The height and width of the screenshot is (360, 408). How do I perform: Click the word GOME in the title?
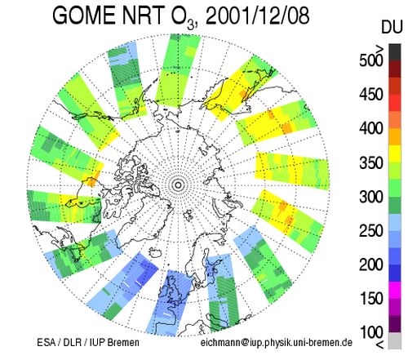pos(85,16)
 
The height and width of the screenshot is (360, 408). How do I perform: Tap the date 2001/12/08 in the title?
pos(258,16)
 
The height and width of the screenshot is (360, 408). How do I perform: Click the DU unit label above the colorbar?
pos(392,27)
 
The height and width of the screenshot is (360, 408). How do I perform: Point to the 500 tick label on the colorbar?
pos(371,60)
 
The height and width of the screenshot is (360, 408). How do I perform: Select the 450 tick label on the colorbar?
pos(371,95)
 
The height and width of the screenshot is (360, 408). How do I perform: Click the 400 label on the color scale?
pos(371,128)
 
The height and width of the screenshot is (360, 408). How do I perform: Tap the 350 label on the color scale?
pos(371,162)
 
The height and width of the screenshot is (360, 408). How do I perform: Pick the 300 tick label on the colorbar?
pos(371,197)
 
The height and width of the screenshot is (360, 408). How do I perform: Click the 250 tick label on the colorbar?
pos(371,231)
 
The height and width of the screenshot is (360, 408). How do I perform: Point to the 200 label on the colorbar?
pos(371,264)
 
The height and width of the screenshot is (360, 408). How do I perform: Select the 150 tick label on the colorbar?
pos(371,298)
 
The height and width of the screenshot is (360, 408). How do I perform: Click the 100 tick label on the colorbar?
pos(371,332)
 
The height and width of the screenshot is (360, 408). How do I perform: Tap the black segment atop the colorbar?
pos(395,52)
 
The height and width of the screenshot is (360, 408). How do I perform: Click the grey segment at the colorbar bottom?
pos(395,340)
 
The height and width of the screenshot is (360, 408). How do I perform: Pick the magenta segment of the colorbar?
pos(395,290)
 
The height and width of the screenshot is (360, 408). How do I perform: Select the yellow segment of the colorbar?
pos(395,153)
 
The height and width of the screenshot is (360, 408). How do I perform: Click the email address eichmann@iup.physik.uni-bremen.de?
pos(277,342)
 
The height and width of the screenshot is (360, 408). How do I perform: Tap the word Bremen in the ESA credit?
pos(123,342)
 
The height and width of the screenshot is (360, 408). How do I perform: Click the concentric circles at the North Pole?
pos(178,185)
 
